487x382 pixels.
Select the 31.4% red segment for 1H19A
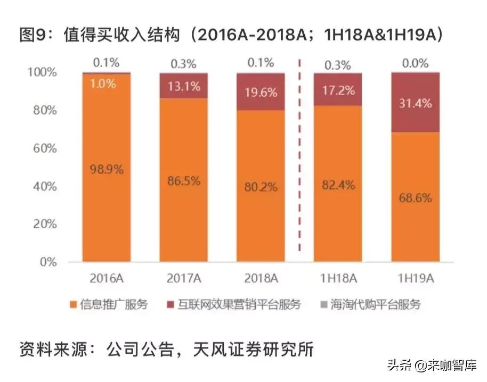click(x=416, y=102)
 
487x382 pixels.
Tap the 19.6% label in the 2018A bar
click(x=262, y=92)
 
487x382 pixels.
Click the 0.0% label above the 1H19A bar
click(x=416, y=63)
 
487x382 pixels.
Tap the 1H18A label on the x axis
click(x=338, y=278)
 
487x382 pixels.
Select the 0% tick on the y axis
click(x=47, y=262)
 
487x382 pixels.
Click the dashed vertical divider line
click(x=300, y=160)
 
